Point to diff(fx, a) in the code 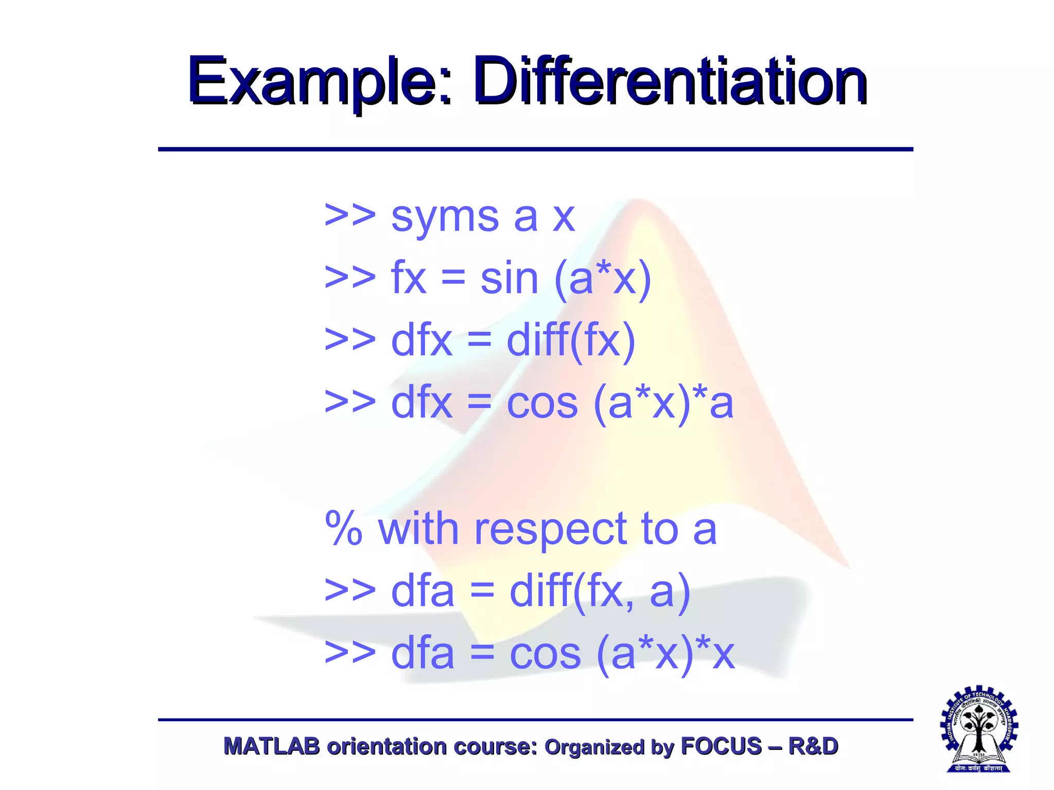[600, 592]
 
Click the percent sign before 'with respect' [344, 529]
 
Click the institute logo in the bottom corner [979, 729]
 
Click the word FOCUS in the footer [721, 746]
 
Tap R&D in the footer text [813, 746]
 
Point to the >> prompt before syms [350, 216]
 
